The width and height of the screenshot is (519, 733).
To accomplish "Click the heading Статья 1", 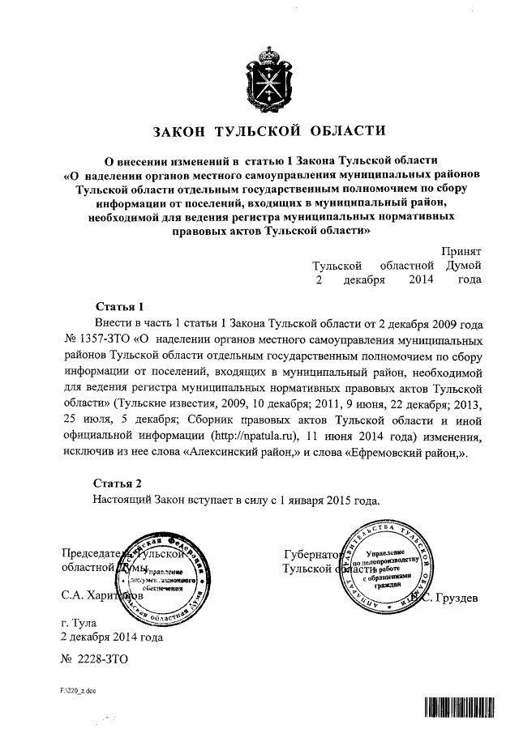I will pyautogui.click(x=119, y=307).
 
